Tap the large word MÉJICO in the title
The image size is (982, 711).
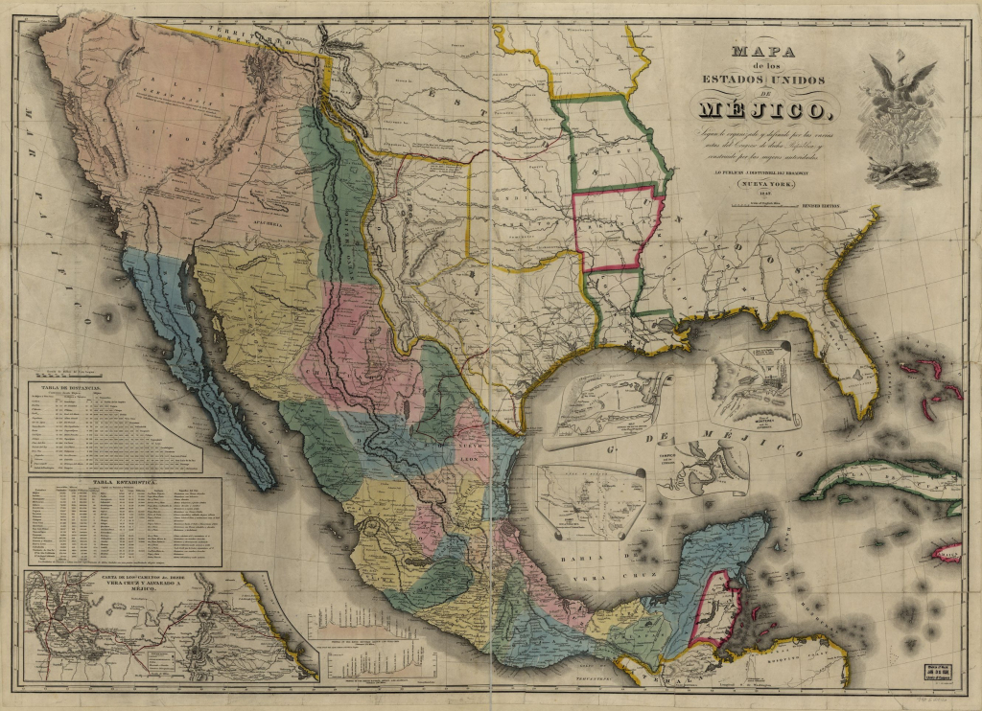(x=764, y=108)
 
